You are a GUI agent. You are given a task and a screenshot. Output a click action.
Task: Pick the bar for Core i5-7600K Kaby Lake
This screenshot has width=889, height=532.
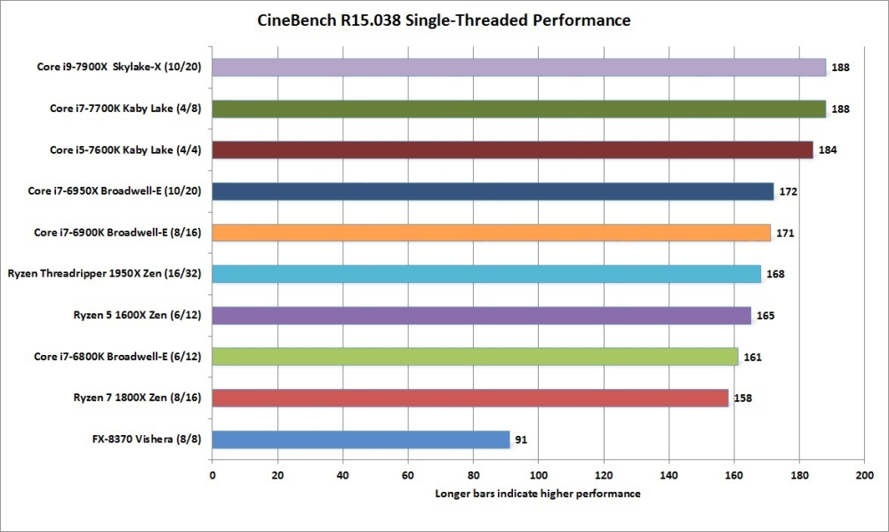tap(512, 149)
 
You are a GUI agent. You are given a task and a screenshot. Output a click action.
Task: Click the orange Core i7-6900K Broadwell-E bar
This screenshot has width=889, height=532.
tap(491, 233)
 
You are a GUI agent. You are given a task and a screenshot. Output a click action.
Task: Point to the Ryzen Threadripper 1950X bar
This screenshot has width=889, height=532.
tap(486, 274)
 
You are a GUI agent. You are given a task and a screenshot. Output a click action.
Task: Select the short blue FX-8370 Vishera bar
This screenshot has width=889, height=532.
tap(361, 439)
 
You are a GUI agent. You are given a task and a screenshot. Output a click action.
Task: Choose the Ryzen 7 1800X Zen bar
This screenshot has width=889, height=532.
tap(470, 398)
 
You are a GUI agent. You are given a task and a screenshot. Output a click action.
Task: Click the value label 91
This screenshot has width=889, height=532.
tap(521, 439)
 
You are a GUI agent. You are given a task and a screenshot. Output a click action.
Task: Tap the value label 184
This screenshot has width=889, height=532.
tap(827, 149)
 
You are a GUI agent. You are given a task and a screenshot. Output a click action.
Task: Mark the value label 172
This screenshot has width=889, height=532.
tap(789, 191)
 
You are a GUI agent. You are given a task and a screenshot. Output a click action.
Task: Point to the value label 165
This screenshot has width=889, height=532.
tap(765, 315)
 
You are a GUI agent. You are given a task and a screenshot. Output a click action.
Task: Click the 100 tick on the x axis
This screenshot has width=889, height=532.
tap(539, 476)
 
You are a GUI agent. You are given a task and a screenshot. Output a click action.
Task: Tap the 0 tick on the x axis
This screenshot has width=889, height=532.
tap(212, 476)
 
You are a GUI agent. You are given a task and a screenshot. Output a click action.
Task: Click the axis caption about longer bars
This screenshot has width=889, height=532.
tap(538, 494)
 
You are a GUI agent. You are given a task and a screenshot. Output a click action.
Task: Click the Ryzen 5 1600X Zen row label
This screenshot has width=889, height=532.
tap(137, 315)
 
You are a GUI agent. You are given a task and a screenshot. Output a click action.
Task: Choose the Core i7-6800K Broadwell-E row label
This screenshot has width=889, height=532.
tap(117, 357)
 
